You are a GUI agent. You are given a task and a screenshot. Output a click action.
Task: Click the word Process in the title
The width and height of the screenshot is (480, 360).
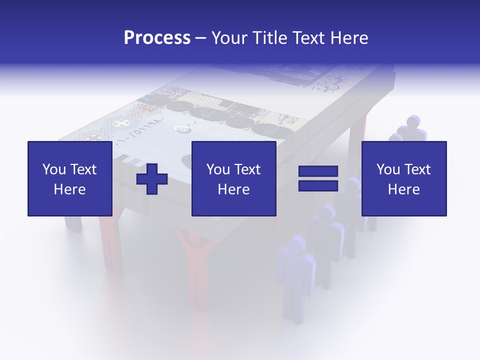point(157,38)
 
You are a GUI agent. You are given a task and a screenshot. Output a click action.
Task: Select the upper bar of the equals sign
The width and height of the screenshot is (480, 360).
point(318,171)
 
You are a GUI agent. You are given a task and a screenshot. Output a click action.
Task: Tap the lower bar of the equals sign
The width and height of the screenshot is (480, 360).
point(318,186)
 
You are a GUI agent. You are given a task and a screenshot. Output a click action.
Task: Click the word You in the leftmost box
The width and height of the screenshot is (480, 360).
point(53,169)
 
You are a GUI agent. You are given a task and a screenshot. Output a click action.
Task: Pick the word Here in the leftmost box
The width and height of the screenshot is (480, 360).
point(69,189)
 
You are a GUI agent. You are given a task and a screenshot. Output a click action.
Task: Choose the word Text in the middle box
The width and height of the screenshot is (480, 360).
point(247,169)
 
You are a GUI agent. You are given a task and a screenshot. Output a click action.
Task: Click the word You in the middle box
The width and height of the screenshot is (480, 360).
point(217,169)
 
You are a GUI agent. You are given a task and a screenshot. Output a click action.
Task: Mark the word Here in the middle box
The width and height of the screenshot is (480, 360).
point(233,189)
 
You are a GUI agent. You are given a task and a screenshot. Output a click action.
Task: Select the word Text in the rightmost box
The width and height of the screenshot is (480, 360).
point(417,169)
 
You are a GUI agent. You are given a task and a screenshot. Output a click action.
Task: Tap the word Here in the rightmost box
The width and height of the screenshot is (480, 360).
point(403,189)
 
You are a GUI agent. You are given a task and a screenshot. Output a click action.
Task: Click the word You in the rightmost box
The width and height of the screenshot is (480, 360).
point(387,169)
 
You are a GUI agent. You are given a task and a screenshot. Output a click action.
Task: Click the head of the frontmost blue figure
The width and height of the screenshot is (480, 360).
point(298,243)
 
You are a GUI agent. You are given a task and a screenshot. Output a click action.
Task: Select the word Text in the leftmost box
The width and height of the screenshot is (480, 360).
point(83,169)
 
